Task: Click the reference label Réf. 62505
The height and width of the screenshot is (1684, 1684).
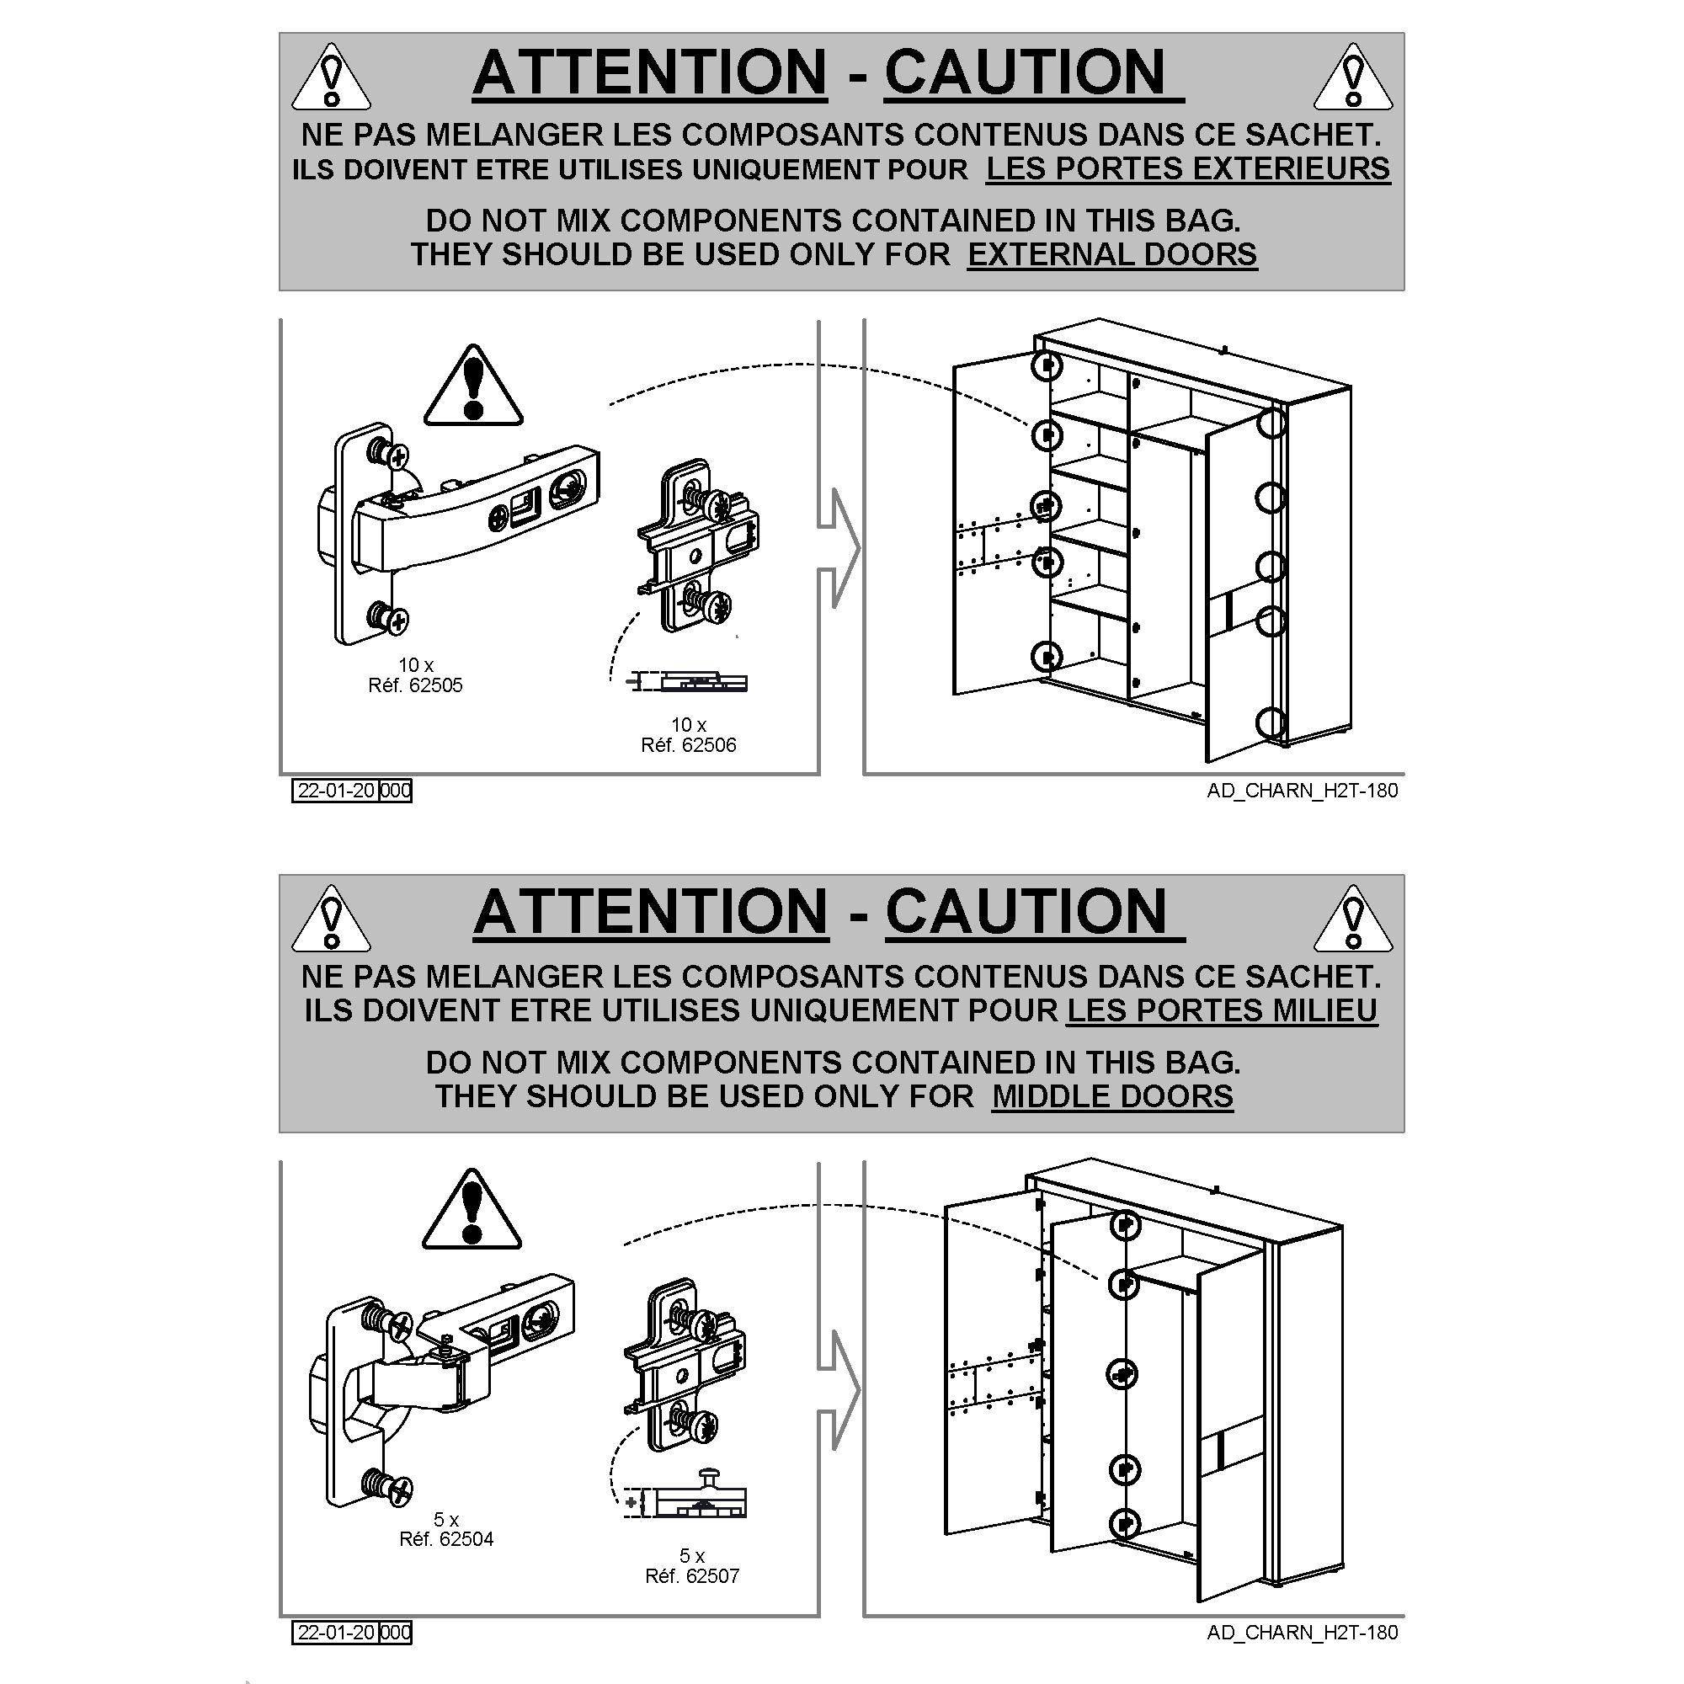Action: click(x=415, y=686)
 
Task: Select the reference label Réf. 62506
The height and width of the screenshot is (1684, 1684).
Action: click(x=688, y=745)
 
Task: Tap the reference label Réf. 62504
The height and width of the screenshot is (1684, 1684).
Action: click(x=446, y=1539)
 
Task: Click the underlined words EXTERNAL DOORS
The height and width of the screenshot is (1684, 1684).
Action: click(x=1112, y=254)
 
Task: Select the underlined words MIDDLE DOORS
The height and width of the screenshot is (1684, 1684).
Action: click(x=1112, y=1095)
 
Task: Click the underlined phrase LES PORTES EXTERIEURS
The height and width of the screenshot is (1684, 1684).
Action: click(x=1188, y=168)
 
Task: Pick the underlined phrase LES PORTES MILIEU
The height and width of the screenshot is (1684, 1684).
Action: click(x=1222, y=1010)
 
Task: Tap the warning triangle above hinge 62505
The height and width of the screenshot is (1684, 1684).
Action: click(x=473, y=386)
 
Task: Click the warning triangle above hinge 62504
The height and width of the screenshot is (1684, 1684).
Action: click(x=472, y=1210)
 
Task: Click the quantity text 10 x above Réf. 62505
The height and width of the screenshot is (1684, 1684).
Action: click(x=416, y=666)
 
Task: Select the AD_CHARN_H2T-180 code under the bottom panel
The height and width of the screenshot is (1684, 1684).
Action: click(x=1303, y=1633)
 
